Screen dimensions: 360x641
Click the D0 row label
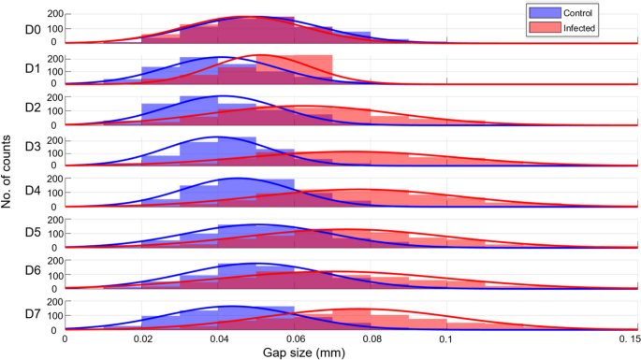pyautogui.click(x=32, y=29)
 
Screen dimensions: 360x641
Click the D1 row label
pyautogui.click(x=32, y=70)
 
